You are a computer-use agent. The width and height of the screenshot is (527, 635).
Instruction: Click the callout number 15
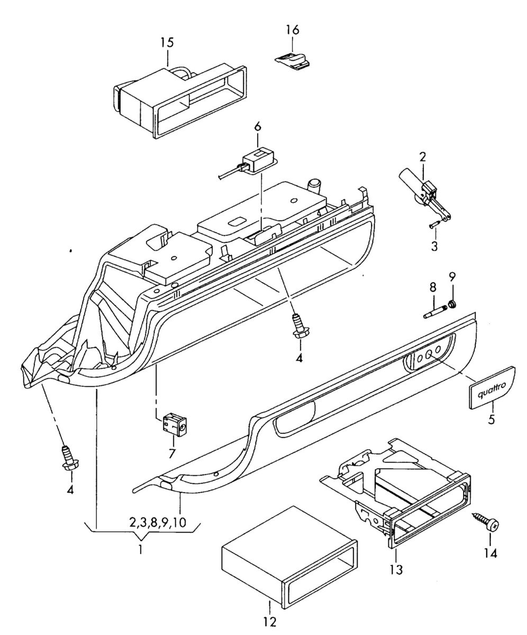coord(167,42)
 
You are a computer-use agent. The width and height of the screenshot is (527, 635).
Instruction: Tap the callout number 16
coord(292,30)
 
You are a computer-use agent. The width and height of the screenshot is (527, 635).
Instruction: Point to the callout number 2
coord(423,157)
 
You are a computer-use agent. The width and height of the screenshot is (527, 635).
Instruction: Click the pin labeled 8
coord(434,311)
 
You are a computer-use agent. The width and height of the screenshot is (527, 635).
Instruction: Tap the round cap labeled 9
coord(452,304)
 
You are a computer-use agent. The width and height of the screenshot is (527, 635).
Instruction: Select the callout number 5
coord(491,421)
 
